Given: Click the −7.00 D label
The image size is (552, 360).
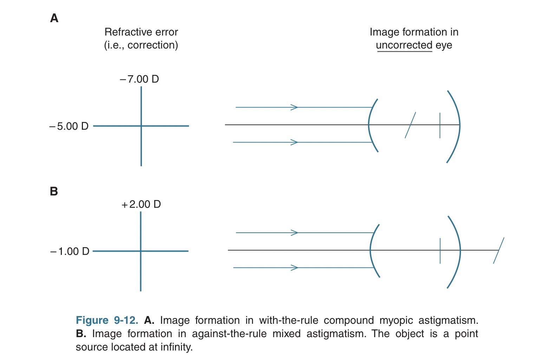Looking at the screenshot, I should [x=139, y=79].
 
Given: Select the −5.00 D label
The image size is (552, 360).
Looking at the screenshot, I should [x=69, y=126].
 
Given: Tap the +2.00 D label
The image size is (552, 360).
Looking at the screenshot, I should [x=141, y=204].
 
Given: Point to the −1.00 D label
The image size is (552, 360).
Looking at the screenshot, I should [x=70, y=251].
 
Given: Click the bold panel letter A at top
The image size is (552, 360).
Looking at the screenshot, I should [x=54, y=18].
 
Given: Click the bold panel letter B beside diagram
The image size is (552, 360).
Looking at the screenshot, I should [x=54, y=191].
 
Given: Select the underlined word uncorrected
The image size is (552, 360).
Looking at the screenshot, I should [x=404, y=45].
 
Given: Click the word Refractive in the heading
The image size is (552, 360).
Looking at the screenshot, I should [x=126, y=32].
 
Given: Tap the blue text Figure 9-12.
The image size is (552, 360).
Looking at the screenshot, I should [x=107, y=320].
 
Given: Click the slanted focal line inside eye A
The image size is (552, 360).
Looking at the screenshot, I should [x=410, y=125].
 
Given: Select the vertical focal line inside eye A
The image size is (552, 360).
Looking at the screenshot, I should [x=440, y=126].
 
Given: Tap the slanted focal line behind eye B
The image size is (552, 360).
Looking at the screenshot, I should [x=499, y=250].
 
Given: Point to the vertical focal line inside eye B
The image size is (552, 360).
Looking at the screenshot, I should [x=440, y=251].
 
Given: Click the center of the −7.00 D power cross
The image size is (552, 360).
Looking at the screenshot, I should [x=141, y=126].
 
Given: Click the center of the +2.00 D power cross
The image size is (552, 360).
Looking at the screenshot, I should [x=141, y=251].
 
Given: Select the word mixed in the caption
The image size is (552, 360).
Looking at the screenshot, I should [x=286, y=334].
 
